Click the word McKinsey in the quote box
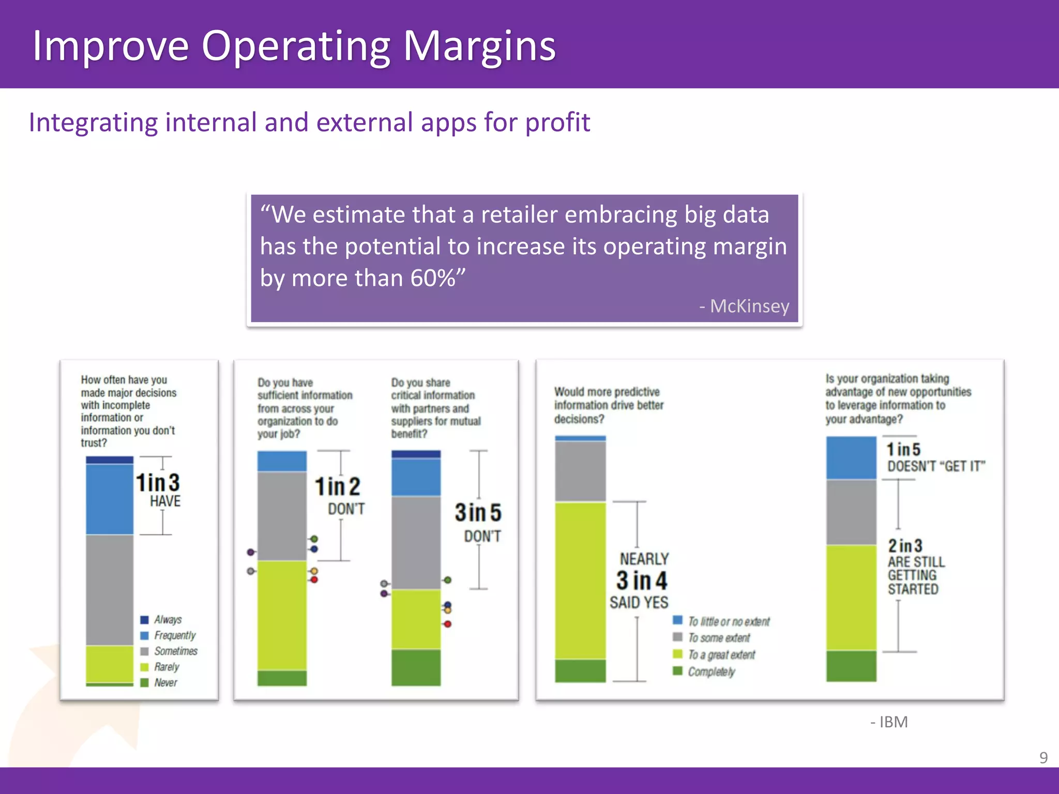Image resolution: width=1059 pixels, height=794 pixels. (749, 306)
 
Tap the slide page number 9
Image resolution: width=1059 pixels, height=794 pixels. (1043, 757)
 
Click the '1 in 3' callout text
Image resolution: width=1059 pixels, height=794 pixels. (158, 483)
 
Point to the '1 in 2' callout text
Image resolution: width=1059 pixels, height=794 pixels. (337, 486)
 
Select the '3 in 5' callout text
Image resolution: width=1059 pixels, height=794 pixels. (478, 513)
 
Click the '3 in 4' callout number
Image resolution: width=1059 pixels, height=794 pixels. (642, 581)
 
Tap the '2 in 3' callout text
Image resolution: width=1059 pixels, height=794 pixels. (905, 545)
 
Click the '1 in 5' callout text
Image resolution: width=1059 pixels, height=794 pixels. (903, 449)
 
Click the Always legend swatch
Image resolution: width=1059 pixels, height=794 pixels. (145, 620)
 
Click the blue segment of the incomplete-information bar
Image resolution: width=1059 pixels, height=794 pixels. (110, 499)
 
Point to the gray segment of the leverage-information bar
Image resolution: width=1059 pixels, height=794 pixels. (851, 512)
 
